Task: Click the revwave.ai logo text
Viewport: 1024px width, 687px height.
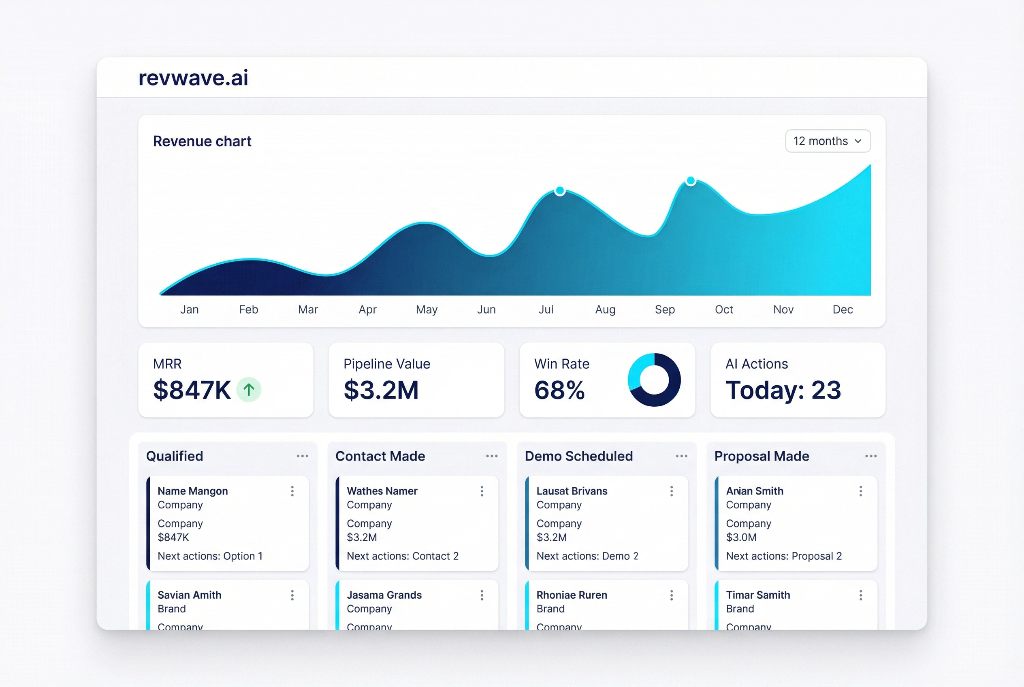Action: (193, 78)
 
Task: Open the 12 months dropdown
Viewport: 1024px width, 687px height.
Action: (827, 141)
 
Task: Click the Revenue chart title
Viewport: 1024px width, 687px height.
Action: (202, 141)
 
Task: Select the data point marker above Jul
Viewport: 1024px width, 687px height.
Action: (559, 191)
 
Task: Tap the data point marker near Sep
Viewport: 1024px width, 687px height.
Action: (691, 181)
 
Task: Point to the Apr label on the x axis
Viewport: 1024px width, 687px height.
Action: (367, 310)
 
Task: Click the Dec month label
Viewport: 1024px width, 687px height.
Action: (842, 310)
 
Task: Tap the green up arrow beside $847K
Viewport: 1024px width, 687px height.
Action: (249, 390)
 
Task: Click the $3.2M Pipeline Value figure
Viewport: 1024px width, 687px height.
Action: (381, 390)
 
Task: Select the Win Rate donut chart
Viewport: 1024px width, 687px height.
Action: (654, 380)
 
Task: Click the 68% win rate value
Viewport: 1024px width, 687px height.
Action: (559, 390)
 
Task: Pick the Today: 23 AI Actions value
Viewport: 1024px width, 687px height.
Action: (783, 390)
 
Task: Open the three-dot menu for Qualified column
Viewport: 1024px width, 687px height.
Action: (302, 456)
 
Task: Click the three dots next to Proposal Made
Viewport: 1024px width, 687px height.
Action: (870, 456)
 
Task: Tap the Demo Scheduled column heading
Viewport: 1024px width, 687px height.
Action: (578, 456)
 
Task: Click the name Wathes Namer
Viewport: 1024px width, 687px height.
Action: (382, 491)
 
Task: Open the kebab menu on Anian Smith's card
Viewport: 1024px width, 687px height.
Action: (861, 491)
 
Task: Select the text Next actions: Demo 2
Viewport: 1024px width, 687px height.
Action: (587, 556)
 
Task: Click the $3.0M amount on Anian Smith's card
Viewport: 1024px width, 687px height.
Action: (741, 537)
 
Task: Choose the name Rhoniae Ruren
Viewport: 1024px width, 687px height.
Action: (572, 595)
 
